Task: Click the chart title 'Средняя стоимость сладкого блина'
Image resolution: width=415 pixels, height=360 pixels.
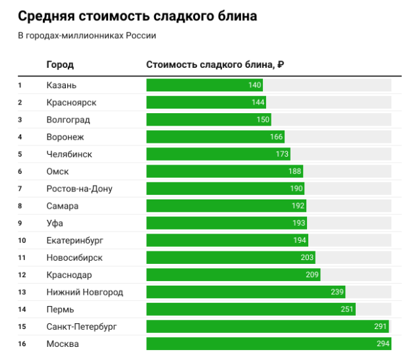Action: pos(137,15)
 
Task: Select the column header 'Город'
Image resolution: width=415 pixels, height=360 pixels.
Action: pos(60,64)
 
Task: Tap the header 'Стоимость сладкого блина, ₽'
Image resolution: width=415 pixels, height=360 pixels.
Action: pos(215,64)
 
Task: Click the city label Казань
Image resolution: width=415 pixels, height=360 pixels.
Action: pos(61,86)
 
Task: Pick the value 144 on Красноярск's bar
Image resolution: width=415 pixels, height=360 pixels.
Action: pos(258,103)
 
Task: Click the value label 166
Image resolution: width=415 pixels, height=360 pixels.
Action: pos(276,137)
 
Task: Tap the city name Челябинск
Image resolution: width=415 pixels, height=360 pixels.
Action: pos(69,154)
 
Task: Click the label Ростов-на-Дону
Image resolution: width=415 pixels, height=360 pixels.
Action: pos(79,189)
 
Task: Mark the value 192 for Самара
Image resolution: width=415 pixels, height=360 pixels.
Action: pos(298,206)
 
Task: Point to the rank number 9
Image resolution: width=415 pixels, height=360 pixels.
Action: pos(20,223)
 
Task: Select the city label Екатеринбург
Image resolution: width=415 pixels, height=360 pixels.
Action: pos(75,240)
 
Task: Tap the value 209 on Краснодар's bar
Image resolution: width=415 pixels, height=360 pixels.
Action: pos(312,274)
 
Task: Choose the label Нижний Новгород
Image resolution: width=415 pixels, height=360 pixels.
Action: pos(85,292)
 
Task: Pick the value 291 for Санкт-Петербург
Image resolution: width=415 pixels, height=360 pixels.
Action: pos(380,326)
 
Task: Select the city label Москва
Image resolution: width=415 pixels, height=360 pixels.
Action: pos(63,344)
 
